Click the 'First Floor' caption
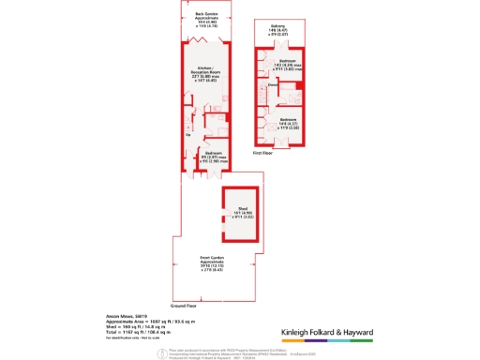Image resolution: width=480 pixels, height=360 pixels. pyautogui.click(x=262, y=151)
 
